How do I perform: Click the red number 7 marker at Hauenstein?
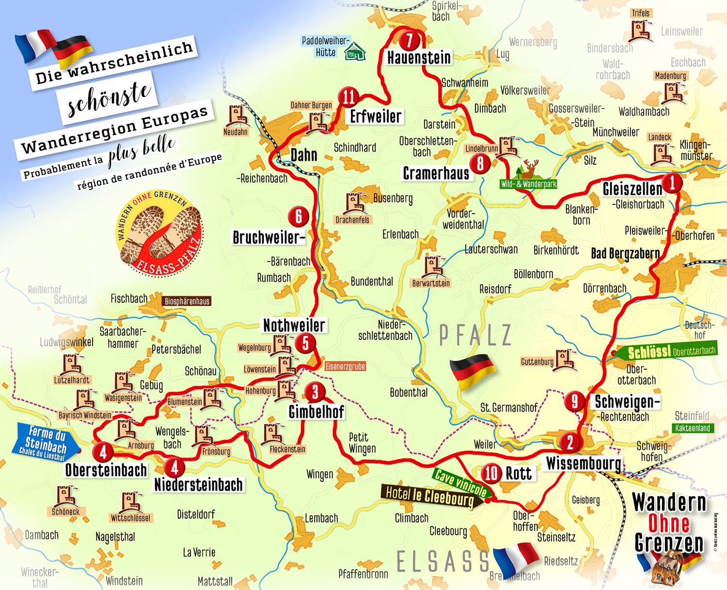410,40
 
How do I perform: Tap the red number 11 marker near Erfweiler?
348,97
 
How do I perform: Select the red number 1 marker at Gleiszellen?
672,183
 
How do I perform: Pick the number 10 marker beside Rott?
491,473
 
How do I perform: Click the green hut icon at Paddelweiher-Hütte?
355,51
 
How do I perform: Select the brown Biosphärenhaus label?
187,301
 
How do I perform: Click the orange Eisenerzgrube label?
345,367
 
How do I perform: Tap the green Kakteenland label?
693,428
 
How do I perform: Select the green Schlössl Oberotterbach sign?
669,351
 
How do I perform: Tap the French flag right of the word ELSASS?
515,557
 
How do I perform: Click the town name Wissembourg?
584,464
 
